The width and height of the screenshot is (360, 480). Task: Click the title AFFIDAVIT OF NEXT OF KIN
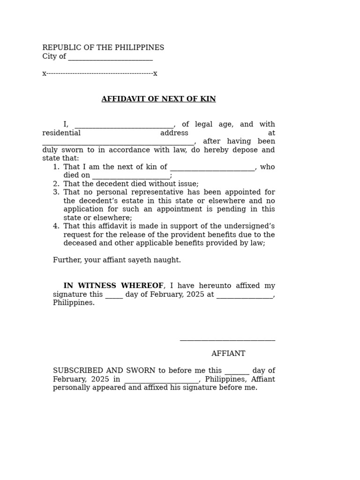point(158,99)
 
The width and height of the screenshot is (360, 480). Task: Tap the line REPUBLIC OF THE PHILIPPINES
point(103,48)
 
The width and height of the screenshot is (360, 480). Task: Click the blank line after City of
point(110,59)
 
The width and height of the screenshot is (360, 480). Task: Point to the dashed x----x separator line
point(99,74)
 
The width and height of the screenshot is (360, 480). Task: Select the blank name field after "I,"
point(124,126)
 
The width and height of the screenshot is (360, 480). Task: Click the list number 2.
point(56,184)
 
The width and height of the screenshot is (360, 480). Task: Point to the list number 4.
point(56,226)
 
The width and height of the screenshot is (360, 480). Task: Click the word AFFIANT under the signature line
point(228,353)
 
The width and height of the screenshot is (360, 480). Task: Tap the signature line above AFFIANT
point(227,339)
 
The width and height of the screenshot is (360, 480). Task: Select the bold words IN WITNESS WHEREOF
point(113,285)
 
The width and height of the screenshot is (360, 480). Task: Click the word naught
point(169,260)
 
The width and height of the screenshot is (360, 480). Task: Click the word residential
point(61,133)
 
